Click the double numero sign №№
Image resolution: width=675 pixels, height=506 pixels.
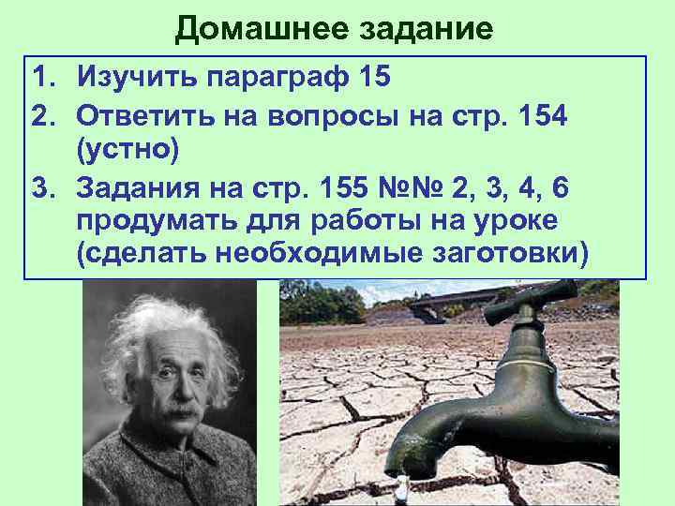pos(415,188)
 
